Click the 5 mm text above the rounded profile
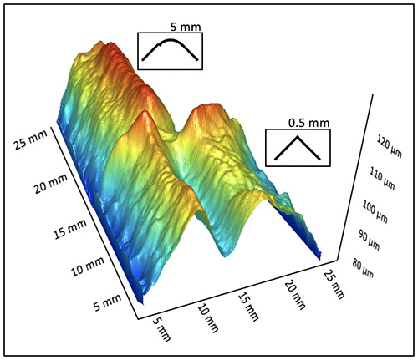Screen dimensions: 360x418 (191, 27)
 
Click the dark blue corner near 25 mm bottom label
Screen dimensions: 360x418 (316, 251)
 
